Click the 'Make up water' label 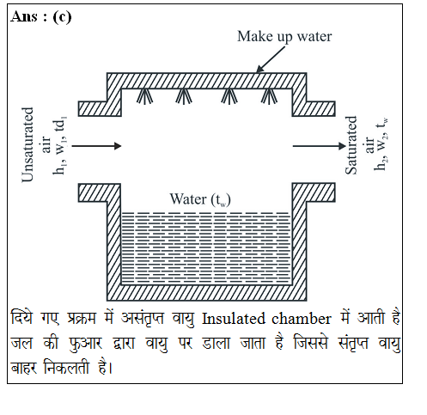[x=284, y=37]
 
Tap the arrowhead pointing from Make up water [x=259, y=69]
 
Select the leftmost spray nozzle [x=144, y=96]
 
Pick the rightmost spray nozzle [x=269, y=96]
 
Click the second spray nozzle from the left [x=184, y=96]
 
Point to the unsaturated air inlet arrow [x=96, y=146]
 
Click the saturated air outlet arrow [x=320, y=146]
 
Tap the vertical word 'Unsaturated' [x=27, y=144]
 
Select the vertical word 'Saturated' [x=351, y=145]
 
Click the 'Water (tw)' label [x=200, y=199]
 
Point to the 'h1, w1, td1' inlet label [x=60, y=145]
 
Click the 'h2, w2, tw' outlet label [x=381, y=144]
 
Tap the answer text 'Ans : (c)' [x=41, y=17]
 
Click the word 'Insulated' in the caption [x=234, y=319]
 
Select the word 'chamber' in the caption [x=301, y=319]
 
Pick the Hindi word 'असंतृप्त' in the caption [x=143, y=318]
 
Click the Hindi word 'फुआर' [x=85, y=343]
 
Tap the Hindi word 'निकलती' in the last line [x=66, y=367]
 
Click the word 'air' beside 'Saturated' [x=369, y=145]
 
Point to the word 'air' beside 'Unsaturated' [x=46, y=144]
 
